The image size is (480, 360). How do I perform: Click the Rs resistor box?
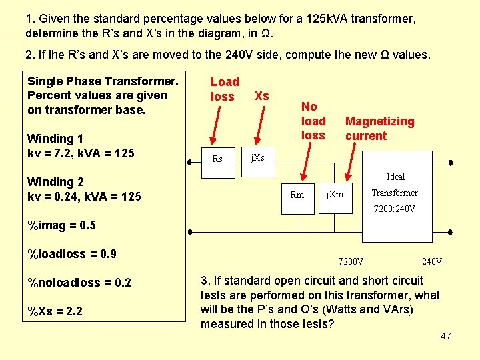click(217, 159)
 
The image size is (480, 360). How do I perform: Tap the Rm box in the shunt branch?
click(297, 195)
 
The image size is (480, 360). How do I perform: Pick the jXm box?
click(335, 194)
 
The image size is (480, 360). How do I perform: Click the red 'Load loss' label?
click(224, 89)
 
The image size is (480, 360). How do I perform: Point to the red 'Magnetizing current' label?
click(379, 128)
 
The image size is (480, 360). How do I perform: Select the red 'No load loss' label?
click(313, 121)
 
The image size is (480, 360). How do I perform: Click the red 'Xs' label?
click(262, 96)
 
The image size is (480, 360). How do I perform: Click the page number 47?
click(446, 336)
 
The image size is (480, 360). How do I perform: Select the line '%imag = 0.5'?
click(61, 225)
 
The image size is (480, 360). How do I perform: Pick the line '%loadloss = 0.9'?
click(72, 253)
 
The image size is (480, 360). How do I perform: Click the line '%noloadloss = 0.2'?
click(79, 283)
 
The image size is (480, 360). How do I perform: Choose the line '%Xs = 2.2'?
click(55, 311)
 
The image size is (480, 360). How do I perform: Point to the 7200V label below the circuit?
click(351, 261)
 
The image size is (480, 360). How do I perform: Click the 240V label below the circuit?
click(432, 261)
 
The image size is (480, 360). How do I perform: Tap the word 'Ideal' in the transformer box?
click(396, 177)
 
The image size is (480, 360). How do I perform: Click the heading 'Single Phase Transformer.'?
click(103, 81)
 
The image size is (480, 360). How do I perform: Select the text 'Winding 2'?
click(55, 181)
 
